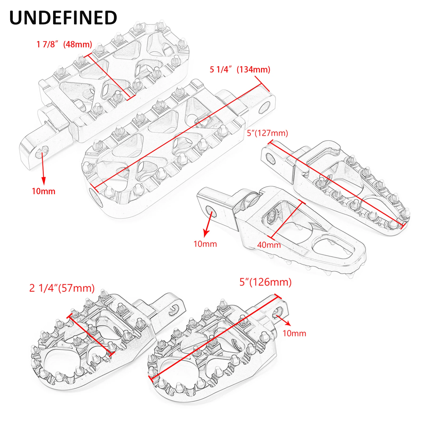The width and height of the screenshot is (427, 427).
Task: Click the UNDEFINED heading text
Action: pos(63,18)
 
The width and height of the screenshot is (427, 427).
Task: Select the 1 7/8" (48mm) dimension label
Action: pos(64,44)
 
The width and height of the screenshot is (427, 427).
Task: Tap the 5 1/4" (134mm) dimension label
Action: pos(240,70)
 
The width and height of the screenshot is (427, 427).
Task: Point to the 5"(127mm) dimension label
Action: pos(267,133)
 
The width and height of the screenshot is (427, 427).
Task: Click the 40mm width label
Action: pos(269,245)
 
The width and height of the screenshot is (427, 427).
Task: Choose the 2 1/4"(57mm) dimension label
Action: pos(62,288)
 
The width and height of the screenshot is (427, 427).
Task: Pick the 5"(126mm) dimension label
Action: pos(265,282)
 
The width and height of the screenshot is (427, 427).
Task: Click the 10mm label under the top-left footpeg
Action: pos(44,191)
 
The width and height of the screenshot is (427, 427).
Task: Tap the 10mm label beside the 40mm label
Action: pos(205,244)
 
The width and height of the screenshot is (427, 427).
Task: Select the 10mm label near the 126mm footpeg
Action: pos(294,333)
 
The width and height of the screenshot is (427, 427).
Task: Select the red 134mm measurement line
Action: pos(179,136)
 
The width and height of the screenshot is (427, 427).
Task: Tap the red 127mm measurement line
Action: pos(336,184)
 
